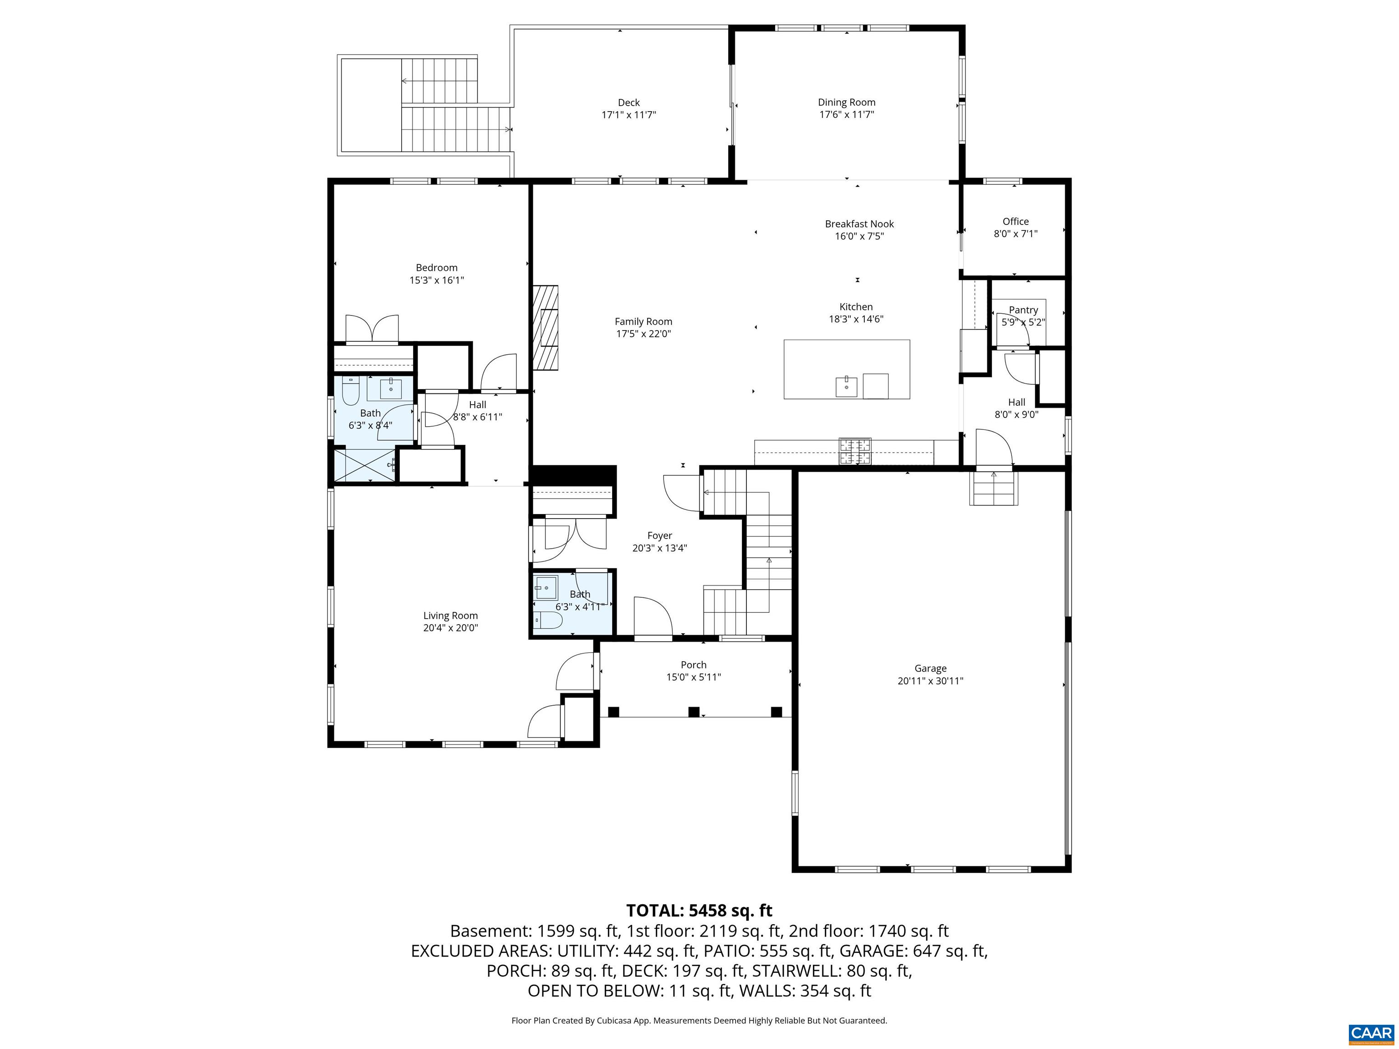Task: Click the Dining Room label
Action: (846, 102)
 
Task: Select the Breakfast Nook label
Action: (859, 224)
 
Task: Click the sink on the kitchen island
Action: (846, 386)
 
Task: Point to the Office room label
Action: (1015, 221)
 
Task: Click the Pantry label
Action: (1023, 310)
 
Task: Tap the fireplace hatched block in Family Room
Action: (545, 327)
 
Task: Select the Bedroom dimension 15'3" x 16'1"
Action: (436, 280)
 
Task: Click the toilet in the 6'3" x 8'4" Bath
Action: (350, 392)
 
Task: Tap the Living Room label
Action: (450, 615)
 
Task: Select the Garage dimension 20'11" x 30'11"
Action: (930, 681)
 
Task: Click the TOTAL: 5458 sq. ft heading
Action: (699, 911)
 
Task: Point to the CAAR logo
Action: (1371, 1033)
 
